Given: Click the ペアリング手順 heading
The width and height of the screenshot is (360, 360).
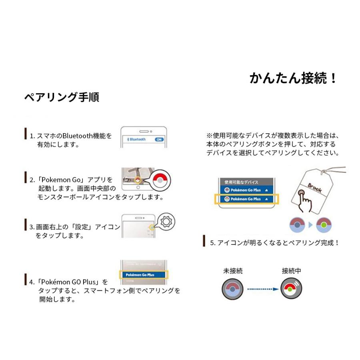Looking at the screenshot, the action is click(x=62, y=97).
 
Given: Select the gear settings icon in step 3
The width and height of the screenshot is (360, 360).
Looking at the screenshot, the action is click(x=166, y=222).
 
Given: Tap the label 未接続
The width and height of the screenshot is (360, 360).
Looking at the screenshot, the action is click(x=233, y=271).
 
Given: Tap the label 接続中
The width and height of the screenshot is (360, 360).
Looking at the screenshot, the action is click(x=292, y=271).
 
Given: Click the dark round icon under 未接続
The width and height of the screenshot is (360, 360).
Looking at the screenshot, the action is click(x=233, y=288).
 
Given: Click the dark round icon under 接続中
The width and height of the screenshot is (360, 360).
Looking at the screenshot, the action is click(x=291, y=288).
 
